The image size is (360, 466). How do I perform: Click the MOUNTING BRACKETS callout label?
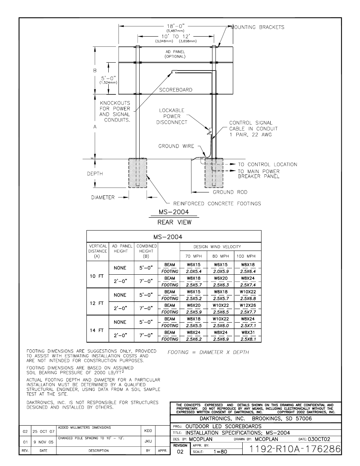pos(257,27)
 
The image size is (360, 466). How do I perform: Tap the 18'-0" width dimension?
pos(175,26)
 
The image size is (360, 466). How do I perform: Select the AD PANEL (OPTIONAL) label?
pos(175,54)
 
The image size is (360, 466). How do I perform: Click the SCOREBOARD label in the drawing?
pos(175,90)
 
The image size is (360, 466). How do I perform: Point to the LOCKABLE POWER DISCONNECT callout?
pos(172,116)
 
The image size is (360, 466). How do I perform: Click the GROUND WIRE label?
pos(176,146)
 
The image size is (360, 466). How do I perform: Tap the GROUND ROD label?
pos(230,192)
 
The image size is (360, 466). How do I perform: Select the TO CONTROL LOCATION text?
pos(268,165)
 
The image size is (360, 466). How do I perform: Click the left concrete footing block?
pos(138,173)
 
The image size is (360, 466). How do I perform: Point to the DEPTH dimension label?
pos(95,174)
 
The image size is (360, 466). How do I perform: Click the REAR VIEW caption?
pos(174,222)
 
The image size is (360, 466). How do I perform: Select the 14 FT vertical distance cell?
pos(97,330)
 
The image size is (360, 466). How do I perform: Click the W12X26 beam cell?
pos(248,305)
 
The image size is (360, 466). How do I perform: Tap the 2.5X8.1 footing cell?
pos(248,339)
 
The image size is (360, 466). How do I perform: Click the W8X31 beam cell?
pos(248,332)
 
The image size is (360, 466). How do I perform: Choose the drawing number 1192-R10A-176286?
pos(295,449)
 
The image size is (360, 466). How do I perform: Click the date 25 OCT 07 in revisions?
pos(43,431)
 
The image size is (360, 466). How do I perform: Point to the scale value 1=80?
pos(220,451)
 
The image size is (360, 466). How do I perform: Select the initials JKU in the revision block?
pos(148,441)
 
